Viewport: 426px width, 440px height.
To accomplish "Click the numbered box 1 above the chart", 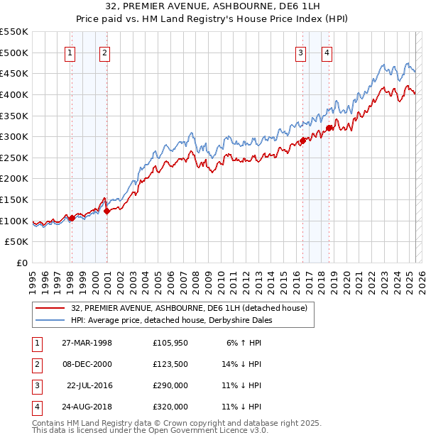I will (70, 52).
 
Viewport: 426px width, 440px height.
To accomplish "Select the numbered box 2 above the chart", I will (104, 52).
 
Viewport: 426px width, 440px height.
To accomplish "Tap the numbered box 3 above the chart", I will (301, 52).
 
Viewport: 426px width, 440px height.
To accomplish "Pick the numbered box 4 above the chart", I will (327, 52).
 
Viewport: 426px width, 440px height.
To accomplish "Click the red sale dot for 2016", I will (302, 141).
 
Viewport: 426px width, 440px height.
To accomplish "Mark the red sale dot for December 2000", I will (106, 210).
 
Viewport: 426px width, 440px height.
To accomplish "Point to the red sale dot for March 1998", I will (72, 218).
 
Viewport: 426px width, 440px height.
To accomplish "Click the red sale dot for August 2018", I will (329, 128).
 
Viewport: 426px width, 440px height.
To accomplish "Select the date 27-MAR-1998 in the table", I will (87, 343).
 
